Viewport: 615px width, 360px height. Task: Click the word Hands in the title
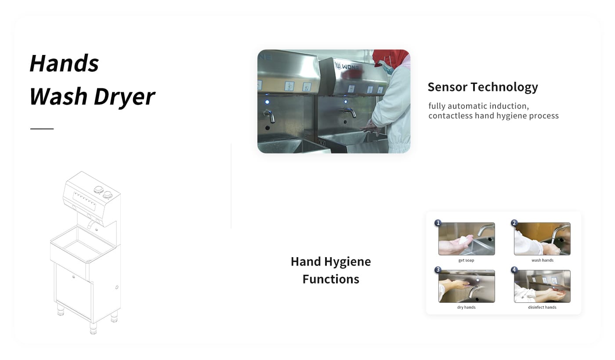(64, 63)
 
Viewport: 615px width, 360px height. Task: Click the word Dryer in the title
(125, 97)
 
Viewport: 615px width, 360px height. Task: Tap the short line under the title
(42, 129)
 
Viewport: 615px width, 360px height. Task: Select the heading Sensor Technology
(483, 87)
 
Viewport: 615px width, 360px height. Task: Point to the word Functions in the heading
(331, 279)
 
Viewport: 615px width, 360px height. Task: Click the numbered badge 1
(438, 223)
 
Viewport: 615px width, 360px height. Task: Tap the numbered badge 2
(514, 223)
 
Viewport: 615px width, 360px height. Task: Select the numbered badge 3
(438, 270)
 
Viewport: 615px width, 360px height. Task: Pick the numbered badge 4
(514, 270)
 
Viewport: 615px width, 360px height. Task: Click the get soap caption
(466, 260)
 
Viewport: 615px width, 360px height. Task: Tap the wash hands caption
(542, 260)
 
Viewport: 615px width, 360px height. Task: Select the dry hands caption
(466, 307)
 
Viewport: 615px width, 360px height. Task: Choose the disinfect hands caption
(542, 307)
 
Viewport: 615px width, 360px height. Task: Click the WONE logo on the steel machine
(347, 66)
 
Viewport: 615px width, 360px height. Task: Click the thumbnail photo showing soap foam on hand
(467, 239)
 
